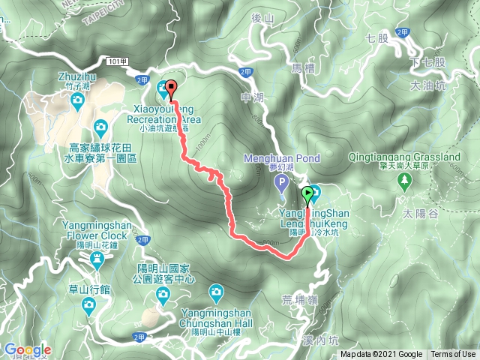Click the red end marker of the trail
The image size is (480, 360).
(170, 88)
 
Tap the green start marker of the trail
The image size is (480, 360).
(307, 196)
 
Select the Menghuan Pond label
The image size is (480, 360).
(282, 158)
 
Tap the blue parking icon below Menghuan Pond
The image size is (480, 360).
(282, 182)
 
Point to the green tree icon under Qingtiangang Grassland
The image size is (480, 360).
(405, 180)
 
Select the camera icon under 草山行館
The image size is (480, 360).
(88, 304)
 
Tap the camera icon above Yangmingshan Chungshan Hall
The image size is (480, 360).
(216, 291)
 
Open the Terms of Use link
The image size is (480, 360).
(453, 355)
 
